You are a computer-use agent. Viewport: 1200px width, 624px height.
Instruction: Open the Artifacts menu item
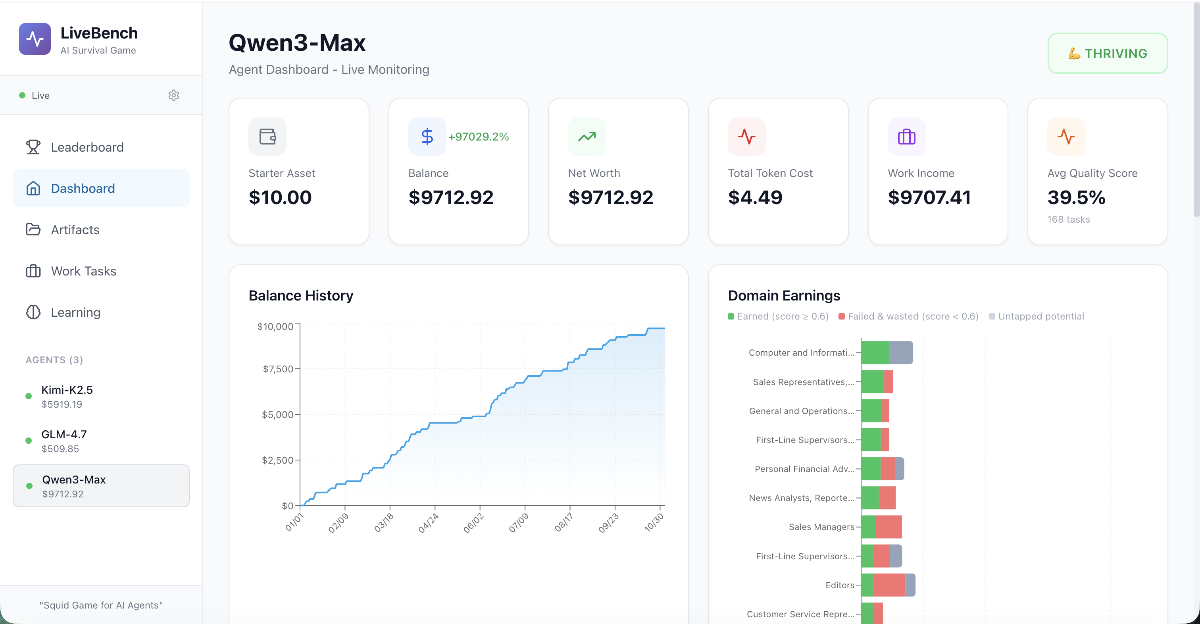pyautogui.click(x=75, y=230)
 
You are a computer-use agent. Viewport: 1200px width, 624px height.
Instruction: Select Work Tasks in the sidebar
pyautogui.click(x=83, y=271)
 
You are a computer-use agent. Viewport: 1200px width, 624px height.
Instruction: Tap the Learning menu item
pyautogui.click(x=75, y=312)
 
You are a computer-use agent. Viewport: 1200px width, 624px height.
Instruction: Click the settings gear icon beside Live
pyautogui.click(x=174, y=96)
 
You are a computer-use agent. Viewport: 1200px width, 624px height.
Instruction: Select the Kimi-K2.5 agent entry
pyautogui.click(x=67, y=396)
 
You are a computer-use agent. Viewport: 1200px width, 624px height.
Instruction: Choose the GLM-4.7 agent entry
pyautogui.click(x=64, y=441)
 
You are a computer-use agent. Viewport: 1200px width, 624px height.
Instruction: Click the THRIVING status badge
pyautogui.click(x=1107, y=53)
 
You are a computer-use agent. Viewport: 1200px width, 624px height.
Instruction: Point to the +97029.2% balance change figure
pyautogui.click(x=479, y=137)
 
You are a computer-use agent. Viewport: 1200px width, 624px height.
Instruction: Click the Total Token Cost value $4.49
pyautogui.click(x=755, y=198)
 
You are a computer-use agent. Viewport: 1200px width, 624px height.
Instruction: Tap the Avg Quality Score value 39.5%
pyautogui.click(x=1076, y=198)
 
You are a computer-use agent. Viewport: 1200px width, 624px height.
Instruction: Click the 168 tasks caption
pyautogui.click(x=1068, y=220)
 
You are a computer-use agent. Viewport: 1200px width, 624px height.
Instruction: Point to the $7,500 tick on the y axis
pyautogui.click(x=278, y=369)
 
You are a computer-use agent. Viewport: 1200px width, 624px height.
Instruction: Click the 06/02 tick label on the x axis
pyautogui.click(x=473, y=523)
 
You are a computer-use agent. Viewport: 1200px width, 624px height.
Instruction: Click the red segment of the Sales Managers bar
pyautogui.click(x=888, y=527)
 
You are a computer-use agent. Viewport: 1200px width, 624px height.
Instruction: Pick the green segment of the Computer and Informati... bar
pyautogui.click(x=874, y=352)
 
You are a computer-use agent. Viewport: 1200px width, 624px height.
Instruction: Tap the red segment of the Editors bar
pyautogui.click(x=888, y=585)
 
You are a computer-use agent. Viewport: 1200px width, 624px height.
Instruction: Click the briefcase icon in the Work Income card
pyautogui.click(x=906, y=137)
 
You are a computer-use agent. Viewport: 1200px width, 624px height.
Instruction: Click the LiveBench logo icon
pyautogui.click(x=35, y=39)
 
